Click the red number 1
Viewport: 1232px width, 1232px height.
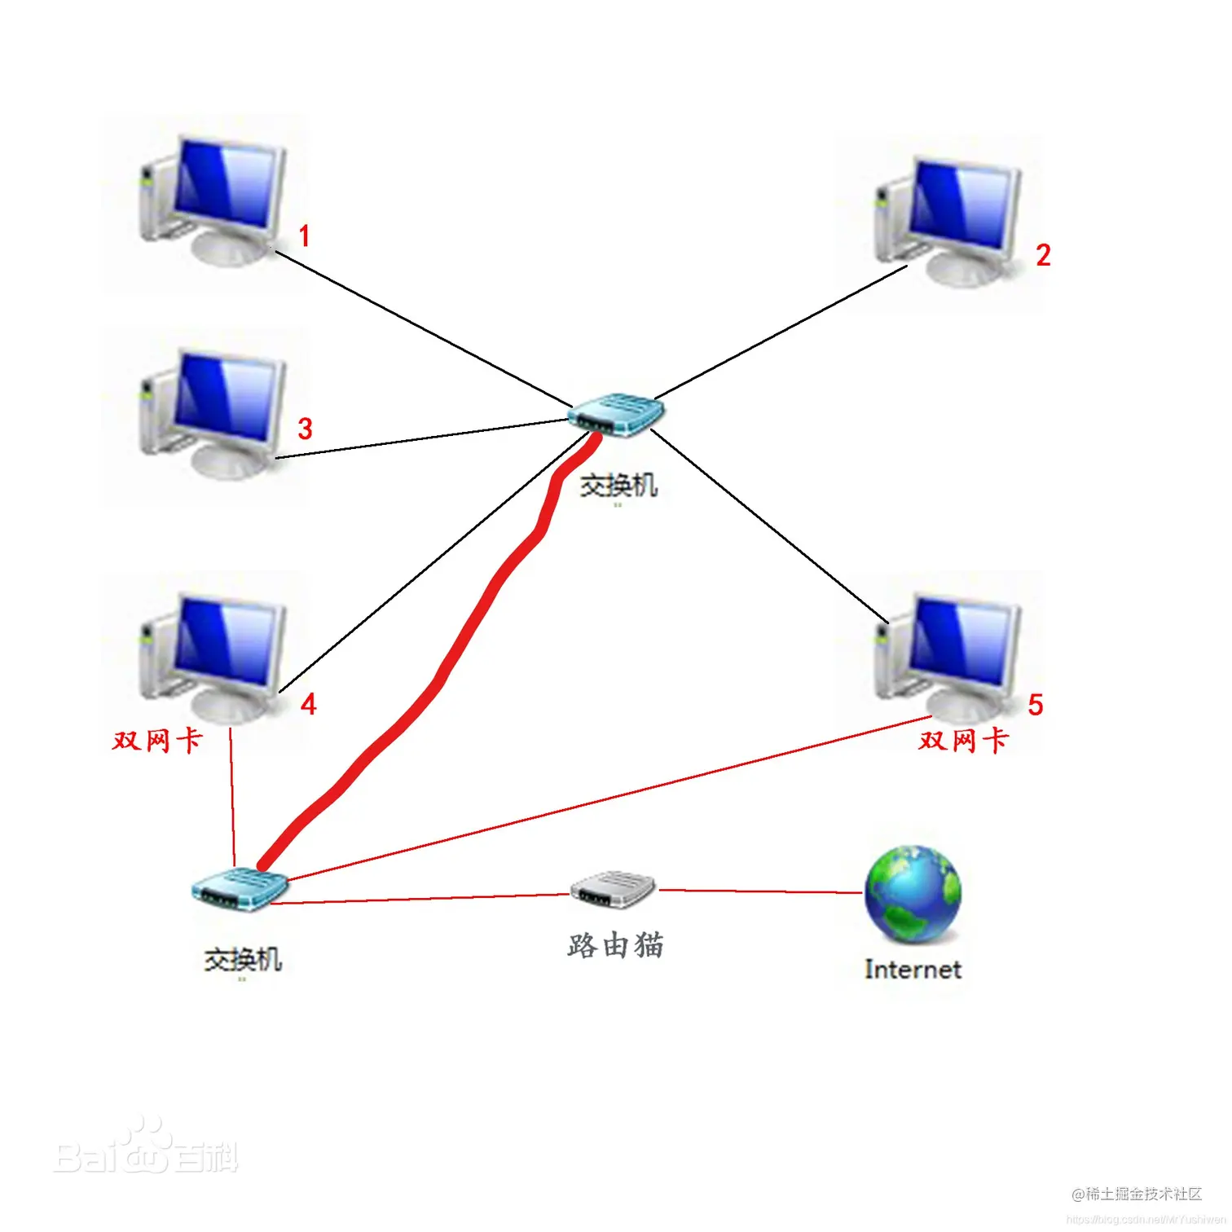click(x=304, y=236)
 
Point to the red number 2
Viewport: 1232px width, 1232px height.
click(x=1042, y=255)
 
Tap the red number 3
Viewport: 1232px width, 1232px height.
click(x=305, y=429)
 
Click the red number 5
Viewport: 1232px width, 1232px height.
click(x=1035, y=705)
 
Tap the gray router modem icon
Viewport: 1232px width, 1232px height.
click(x=613, y=889)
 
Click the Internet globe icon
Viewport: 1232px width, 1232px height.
click(x=913, y=894)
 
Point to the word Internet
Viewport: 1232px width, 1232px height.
click(x=913, y=970)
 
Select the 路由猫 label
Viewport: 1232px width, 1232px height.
click(x=615, y=946)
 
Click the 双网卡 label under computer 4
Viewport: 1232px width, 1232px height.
click(x=157, y=741)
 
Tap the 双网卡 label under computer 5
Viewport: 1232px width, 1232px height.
click(x=964, y=741)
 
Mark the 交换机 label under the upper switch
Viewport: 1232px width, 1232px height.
click(x=618, y=486)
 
